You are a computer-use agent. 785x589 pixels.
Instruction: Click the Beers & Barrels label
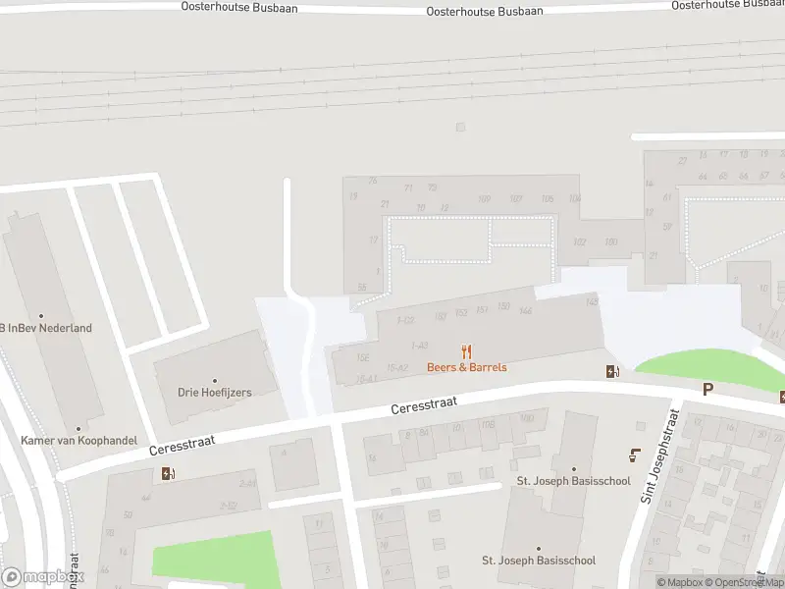pyautogui.click(x=466, y=367)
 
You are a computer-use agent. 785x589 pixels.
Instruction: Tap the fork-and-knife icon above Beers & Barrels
pyautogui.click(x=467, y=350)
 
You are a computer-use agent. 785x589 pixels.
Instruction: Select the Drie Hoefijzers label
pyautogui.click(x=215, y=393)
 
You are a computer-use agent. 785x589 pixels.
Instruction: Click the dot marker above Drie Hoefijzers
pyautogui.click(x=215, y=380)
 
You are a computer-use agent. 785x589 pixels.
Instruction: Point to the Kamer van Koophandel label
pyautogui.click(x=78, y=441)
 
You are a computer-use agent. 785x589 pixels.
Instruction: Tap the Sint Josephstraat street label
pyautogui.click(x=660, y=457)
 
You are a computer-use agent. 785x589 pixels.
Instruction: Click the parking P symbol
pyautogui.click(x=707, y=390)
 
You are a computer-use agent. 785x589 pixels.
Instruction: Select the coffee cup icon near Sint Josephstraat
pyautogui.click(x=634, y=455)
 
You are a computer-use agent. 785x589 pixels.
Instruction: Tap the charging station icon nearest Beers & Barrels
pyautogui.click(x=612, y=371)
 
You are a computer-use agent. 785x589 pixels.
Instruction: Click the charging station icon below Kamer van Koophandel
pyautogui.click(x=168, y=474)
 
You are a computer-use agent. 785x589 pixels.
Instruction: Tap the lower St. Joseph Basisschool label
pyautogui.click(x=538, y=561)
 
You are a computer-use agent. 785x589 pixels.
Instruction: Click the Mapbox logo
pyautogui.click(x=42, y=577)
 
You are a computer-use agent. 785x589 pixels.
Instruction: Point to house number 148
pyautogui.click(x=591, y=301)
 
